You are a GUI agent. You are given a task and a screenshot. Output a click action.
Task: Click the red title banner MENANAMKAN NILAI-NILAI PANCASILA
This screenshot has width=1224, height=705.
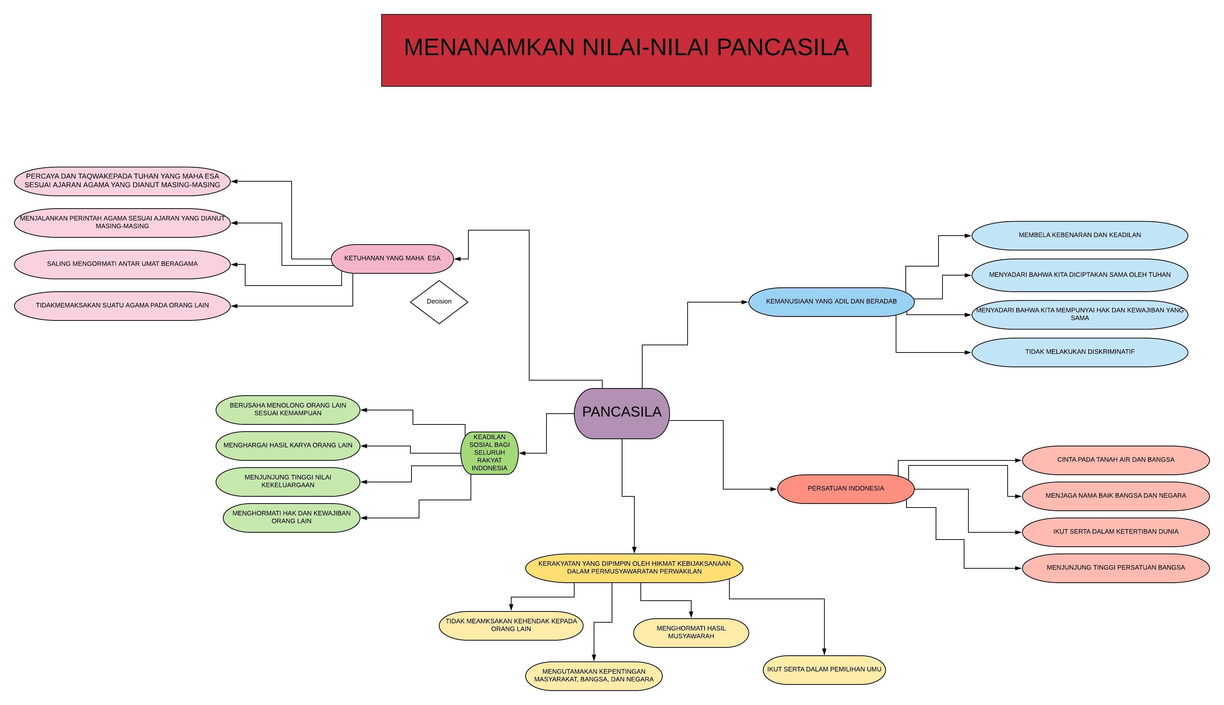tap(626, 50)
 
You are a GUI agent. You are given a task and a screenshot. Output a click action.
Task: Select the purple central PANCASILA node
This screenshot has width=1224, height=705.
tap(622, 413)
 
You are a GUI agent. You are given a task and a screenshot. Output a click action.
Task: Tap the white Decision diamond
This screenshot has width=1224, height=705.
tap(439, 302)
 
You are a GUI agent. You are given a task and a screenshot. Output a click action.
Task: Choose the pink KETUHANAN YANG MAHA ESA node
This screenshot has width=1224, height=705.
tap(392, 259)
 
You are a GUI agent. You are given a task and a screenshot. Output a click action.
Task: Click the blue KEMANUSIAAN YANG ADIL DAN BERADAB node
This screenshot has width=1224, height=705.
tap(831, 302)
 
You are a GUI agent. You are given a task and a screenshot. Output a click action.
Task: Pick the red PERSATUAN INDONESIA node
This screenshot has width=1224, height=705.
tap(846, 488)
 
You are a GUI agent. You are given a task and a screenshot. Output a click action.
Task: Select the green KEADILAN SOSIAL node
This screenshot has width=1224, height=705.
tap(489, 453)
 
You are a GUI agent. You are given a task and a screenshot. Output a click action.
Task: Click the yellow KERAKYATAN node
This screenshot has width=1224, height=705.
tap(634, 568)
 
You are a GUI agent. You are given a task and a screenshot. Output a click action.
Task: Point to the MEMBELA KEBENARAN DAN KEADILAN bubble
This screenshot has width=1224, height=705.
tap(1079, 235)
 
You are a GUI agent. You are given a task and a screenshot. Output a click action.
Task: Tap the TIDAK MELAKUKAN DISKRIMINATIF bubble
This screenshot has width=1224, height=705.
tap(1079, 352)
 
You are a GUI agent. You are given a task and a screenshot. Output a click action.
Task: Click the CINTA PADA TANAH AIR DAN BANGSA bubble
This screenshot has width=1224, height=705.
tap(1115, 460)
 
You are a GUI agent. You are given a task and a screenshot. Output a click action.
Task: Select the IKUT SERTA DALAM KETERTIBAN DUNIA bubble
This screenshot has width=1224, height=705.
tap(1115, 532)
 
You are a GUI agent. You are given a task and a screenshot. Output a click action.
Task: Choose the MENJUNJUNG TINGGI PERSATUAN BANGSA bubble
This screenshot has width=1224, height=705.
tap(1115, 568)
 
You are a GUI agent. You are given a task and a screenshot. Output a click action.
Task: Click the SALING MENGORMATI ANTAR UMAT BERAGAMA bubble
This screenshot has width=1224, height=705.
tap(122, 264)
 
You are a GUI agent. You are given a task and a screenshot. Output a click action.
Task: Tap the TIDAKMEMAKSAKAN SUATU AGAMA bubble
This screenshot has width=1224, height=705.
tap(122, 305)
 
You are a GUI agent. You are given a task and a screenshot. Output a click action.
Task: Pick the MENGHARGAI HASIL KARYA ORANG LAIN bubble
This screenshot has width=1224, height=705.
tap(288, 445)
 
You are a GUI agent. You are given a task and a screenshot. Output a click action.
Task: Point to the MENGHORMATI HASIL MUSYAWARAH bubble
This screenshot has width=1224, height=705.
tap(691, 632)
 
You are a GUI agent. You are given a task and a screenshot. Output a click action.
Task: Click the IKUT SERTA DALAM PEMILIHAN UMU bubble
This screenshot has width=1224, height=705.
tap(824, 670)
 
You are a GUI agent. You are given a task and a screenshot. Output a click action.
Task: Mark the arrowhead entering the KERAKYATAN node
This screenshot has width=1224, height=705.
tap(634, 550)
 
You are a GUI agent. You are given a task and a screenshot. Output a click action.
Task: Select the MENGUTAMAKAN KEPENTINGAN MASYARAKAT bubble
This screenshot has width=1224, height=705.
tap(594, 676)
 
